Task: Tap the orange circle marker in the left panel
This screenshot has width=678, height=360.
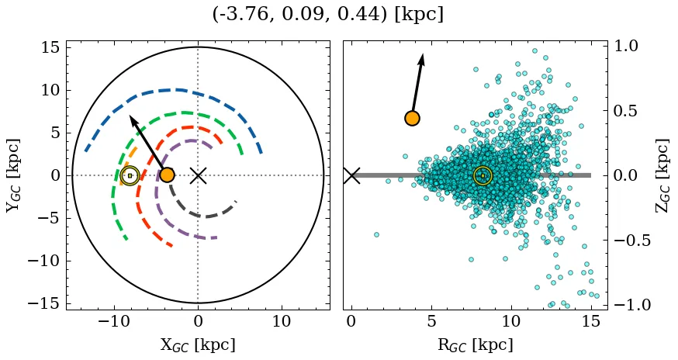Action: (x=167, y=175)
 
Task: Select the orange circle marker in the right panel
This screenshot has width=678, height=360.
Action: (x=412, y=118)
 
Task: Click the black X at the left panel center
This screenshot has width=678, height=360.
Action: (x=198, y=175)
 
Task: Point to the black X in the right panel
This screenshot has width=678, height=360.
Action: (x=351, y=175)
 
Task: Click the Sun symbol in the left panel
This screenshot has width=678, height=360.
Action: (x=130, y=175)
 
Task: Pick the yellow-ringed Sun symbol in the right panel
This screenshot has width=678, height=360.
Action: (x=483, y=175)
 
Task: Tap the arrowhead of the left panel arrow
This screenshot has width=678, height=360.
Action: (x=133, y=119)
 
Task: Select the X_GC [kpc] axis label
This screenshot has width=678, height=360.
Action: (x=198, y=345)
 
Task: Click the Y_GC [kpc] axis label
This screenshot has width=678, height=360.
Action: (x=13, y=175)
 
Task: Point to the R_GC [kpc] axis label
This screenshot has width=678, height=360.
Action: (x=475, y=345)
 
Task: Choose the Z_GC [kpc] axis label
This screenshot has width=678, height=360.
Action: (x=662, y=175)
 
